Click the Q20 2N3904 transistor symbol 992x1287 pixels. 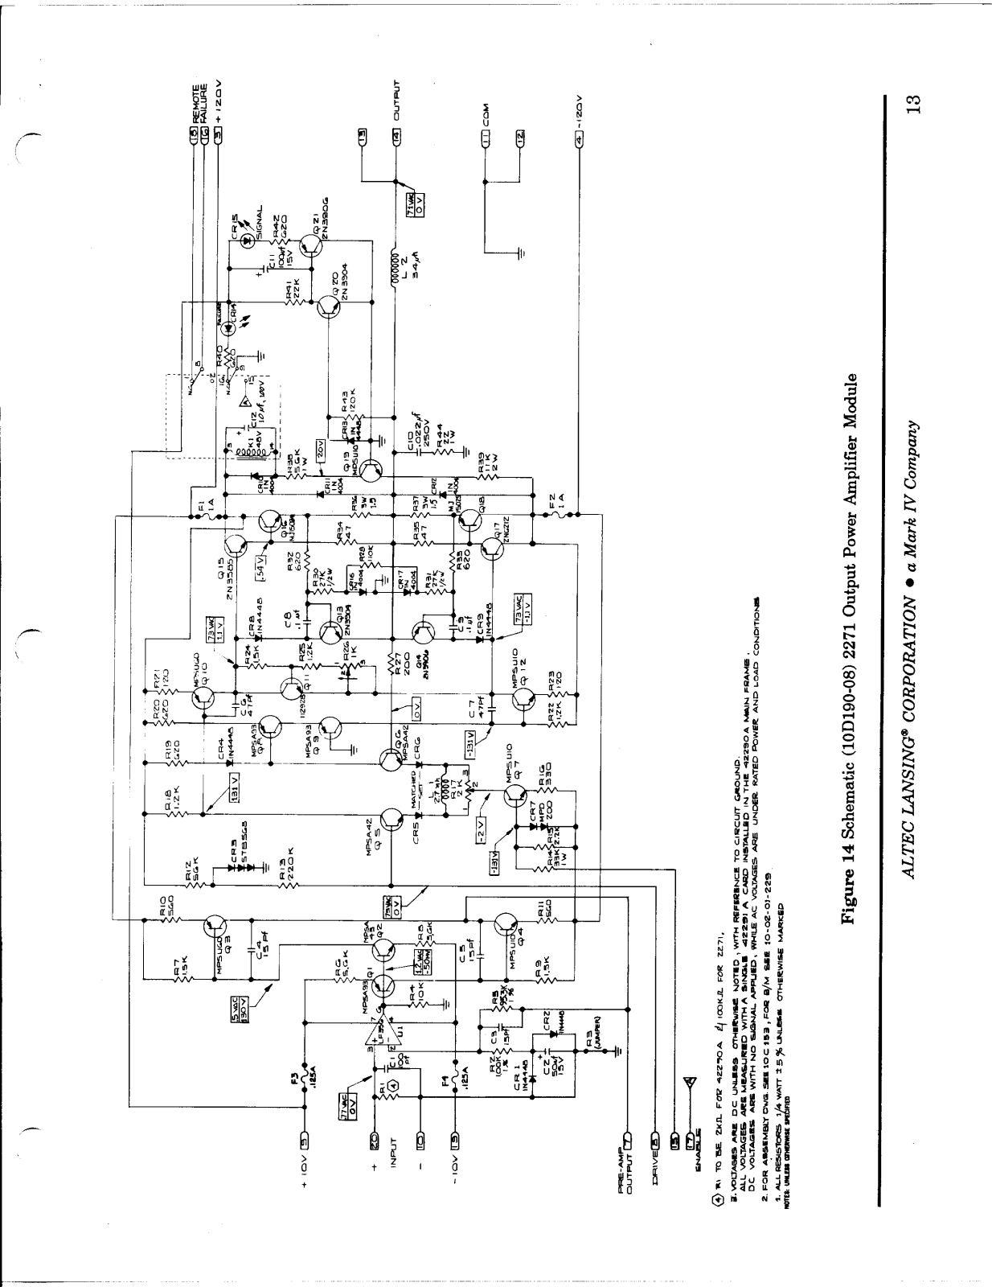point(330,307)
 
